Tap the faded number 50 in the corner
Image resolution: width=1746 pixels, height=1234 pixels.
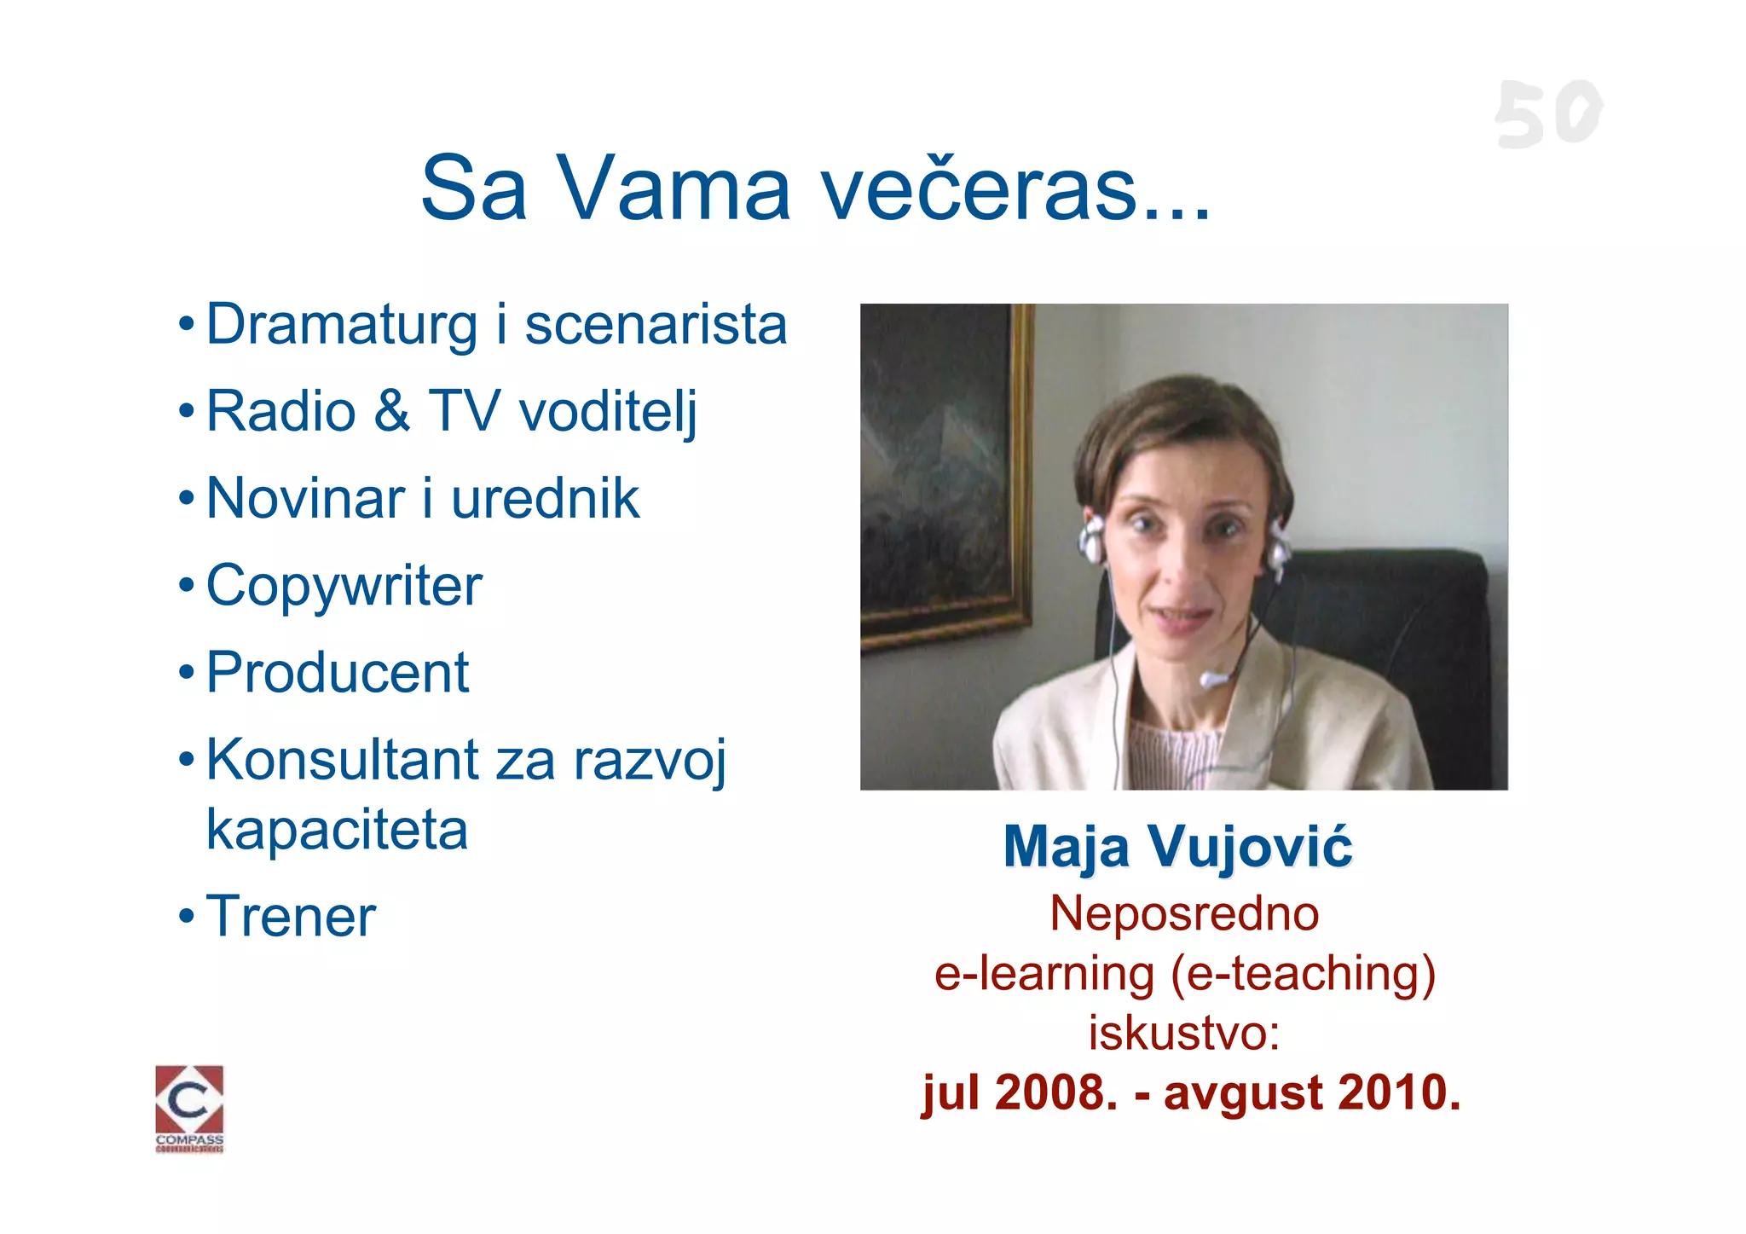pyautogui.click(x=1547, y=114)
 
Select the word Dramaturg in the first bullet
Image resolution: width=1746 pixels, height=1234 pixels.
pyautogui.click(x=341, y=326)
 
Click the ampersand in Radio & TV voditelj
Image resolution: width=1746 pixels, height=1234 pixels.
pyautogui.click(x=391, y=411)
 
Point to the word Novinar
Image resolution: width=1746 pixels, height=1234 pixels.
pyautogui.click(x=305, y=499)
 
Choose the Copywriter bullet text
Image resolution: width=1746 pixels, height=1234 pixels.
pyautogui.click(x=344, y=587)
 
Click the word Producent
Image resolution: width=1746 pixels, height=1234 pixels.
pyautogui.click(x=338, y=673)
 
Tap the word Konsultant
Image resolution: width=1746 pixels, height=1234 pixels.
pyautogui.click(x=343, y=760)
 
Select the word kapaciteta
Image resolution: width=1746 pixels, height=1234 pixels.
pyautogui.click(x=338, y=830)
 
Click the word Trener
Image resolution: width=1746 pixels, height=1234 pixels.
pyautogui.click(x=291, y=917)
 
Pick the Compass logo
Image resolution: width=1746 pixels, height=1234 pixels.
pyautogui.click(x=189, y=1107)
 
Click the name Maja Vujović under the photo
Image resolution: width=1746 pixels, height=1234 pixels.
pyautogui.click(x=1177, y=848)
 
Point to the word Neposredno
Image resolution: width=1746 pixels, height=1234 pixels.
pyautogui.click(x=1184, y=913)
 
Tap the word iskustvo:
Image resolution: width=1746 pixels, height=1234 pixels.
pyautogui.click(x=1184, y=1033)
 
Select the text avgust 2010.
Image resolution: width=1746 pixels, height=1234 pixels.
pyautogui.click(x=1311, y=1092)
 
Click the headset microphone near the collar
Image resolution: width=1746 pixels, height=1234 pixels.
pyautogui.click(x=1212, y=680)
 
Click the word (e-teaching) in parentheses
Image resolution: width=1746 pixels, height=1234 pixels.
pyautogui.click(x=1304, y=974)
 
